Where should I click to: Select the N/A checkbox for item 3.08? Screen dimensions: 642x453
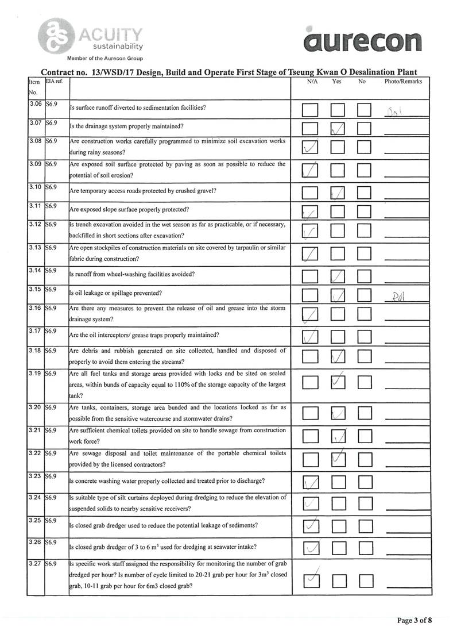click(310, 149)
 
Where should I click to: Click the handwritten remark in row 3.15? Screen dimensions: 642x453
click(397, 297)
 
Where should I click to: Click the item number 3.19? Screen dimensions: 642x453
click(36, 374)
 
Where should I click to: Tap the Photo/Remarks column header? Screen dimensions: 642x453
click(403, 82)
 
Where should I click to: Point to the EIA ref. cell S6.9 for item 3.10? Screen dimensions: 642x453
click(52, 187)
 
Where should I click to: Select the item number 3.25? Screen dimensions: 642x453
click(36, 521)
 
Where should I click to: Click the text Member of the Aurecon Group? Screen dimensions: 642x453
click(105, 59)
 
